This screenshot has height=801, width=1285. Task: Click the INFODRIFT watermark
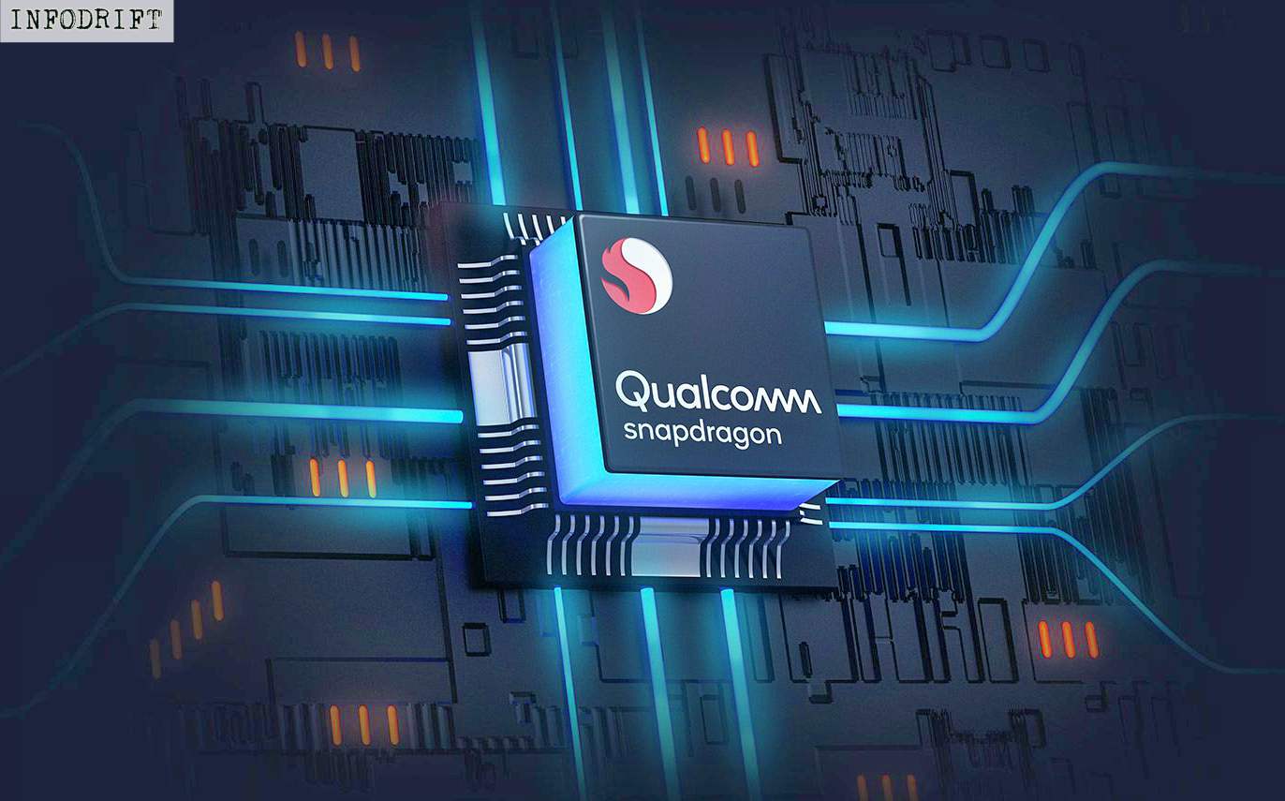click(86, 21)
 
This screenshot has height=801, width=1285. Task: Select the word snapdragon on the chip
click(702, 434)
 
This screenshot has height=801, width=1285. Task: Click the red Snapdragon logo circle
click(637, 275)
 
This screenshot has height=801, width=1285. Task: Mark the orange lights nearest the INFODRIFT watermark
click(327, 52)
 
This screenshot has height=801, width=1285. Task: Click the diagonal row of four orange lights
click(186, 627)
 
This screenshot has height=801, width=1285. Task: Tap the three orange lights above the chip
click(728, 146)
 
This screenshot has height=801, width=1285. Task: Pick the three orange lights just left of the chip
click(342, 478)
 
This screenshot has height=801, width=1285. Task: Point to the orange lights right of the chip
click(1068, 638)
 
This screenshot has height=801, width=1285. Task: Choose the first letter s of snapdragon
click(631, 434)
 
